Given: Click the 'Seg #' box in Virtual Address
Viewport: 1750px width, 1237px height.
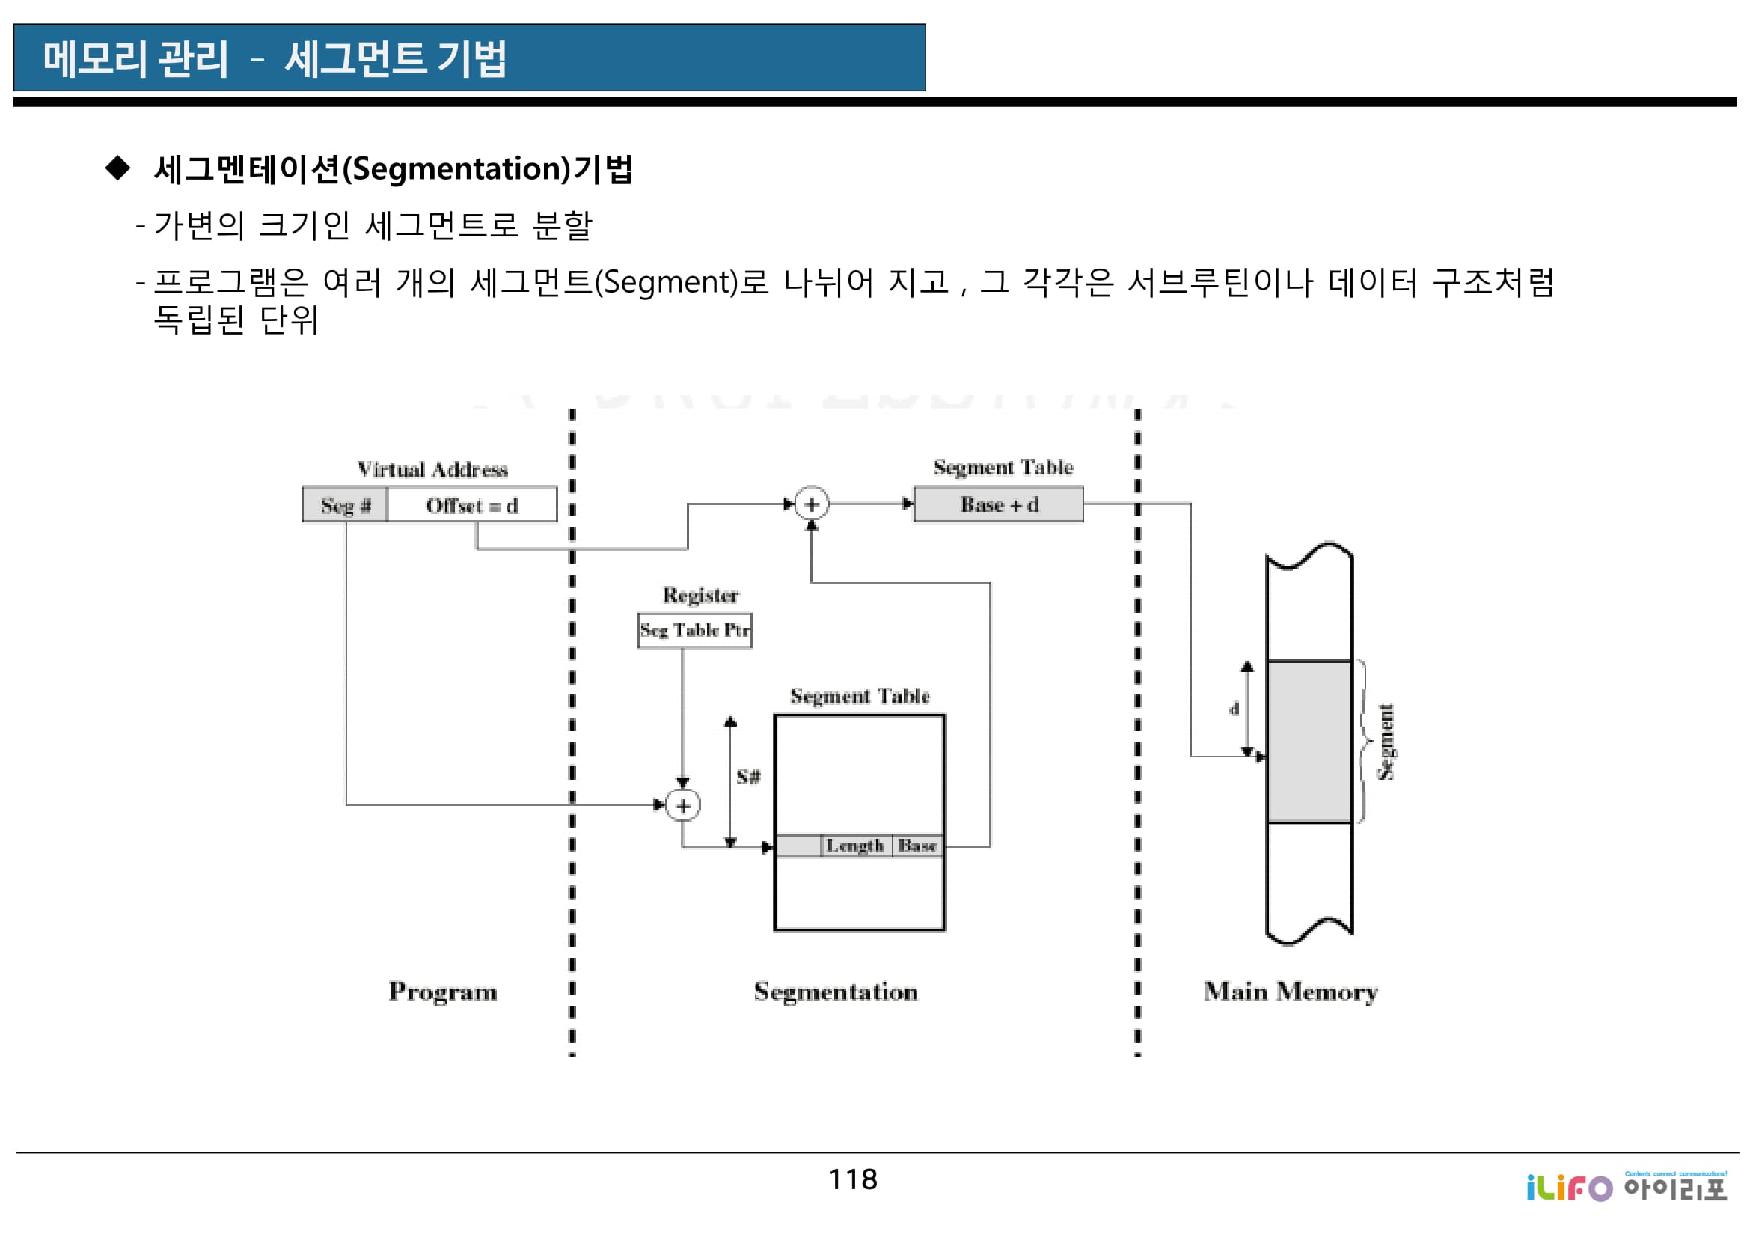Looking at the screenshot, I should [345, 505].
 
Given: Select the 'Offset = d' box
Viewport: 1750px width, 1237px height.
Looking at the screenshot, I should [472, 505].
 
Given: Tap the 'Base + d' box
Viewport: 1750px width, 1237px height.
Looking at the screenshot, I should [999, 504].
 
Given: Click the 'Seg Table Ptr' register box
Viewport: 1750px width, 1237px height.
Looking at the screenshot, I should [694, 630].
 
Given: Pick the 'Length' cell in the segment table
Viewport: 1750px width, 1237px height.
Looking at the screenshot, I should [854, 846].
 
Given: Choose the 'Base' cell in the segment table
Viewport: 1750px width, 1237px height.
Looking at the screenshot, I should [917, 846].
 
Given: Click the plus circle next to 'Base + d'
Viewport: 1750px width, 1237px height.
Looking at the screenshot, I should [811, 504].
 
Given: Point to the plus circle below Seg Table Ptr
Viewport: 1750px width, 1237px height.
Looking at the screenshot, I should [683, 806].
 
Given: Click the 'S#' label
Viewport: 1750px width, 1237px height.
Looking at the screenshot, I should [747, 777].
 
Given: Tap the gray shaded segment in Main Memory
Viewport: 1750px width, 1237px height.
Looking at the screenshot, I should [1309, 742].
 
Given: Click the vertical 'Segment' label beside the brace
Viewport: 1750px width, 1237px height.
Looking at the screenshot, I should [1386, 742].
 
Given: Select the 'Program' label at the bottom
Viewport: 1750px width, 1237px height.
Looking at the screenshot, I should [443, 992].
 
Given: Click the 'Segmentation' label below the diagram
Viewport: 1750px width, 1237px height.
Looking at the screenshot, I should [836, 992].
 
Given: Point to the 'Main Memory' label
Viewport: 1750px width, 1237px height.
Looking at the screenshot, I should [1291, 992].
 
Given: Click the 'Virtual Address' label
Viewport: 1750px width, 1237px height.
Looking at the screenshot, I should [432, 469].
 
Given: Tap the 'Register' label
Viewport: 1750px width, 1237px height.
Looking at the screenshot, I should [700, 595].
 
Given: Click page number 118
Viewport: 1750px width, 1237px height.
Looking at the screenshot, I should [853, 1180].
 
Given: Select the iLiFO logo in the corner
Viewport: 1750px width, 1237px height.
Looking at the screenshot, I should [1626, 1187].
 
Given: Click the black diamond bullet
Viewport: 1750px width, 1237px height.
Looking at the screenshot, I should [118, 168].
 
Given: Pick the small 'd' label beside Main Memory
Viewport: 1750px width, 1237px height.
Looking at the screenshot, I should [1234, 709].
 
